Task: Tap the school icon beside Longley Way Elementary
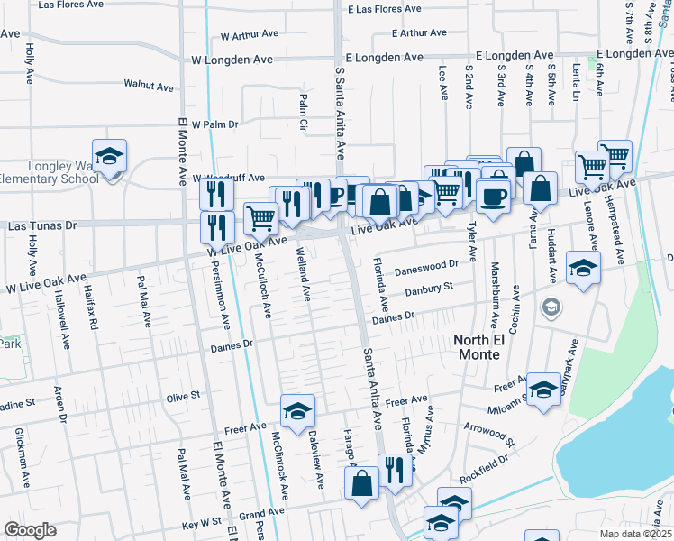(109, 157)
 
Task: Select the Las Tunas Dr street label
(42, 225)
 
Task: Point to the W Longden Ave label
(233, 59)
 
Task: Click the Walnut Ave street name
(149, 86)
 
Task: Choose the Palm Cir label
(303, 115)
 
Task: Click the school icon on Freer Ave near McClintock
(298, 411)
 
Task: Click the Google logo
(30, 530)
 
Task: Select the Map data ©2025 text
(635, 534)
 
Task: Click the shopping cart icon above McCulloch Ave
(260, 215)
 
